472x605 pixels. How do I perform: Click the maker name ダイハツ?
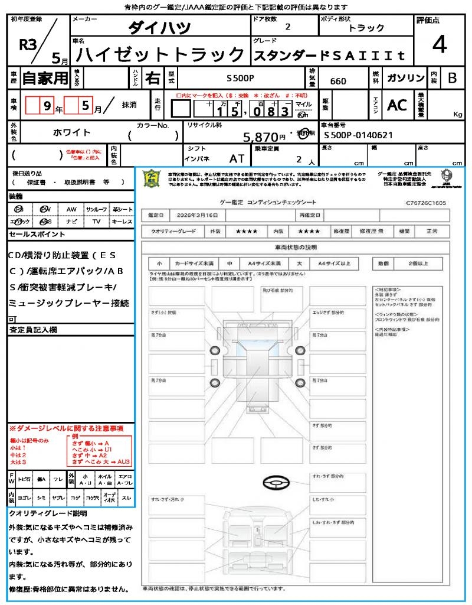pos(159,28)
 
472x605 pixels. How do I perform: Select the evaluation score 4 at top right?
pos(438,44)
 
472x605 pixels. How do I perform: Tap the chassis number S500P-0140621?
pos(358,135)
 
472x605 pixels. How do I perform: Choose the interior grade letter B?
pos(452,79)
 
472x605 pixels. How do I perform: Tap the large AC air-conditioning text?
pos(397,105)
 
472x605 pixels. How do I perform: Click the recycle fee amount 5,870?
pos(260,137)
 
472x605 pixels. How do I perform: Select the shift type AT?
pos(237,159)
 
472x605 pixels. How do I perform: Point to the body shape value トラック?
pos(366,28)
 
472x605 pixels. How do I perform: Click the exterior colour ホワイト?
pos(73,132)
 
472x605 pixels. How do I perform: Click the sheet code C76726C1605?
pos(426,203)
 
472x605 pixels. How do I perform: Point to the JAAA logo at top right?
pos(447,176)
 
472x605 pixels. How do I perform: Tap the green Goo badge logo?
pos(152,177)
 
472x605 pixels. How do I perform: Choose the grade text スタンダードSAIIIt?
pos(329,57)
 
